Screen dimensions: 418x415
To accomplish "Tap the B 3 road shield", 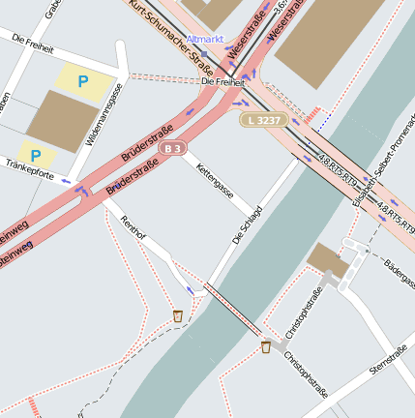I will pos(173,148).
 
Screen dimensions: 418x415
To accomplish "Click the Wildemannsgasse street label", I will pos(104,114).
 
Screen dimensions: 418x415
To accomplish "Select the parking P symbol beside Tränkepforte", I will pos(36,155).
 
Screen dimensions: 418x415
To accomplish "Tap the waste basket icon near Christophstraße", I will pos(265,347).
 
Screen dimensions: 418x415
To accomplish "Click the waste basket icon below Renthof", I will pos(178,315).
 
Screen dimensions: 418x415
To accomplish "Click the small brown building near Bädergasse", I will pos(327,259).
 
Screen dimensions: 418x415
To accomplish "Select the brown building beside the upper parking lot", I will pos(62,121).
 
